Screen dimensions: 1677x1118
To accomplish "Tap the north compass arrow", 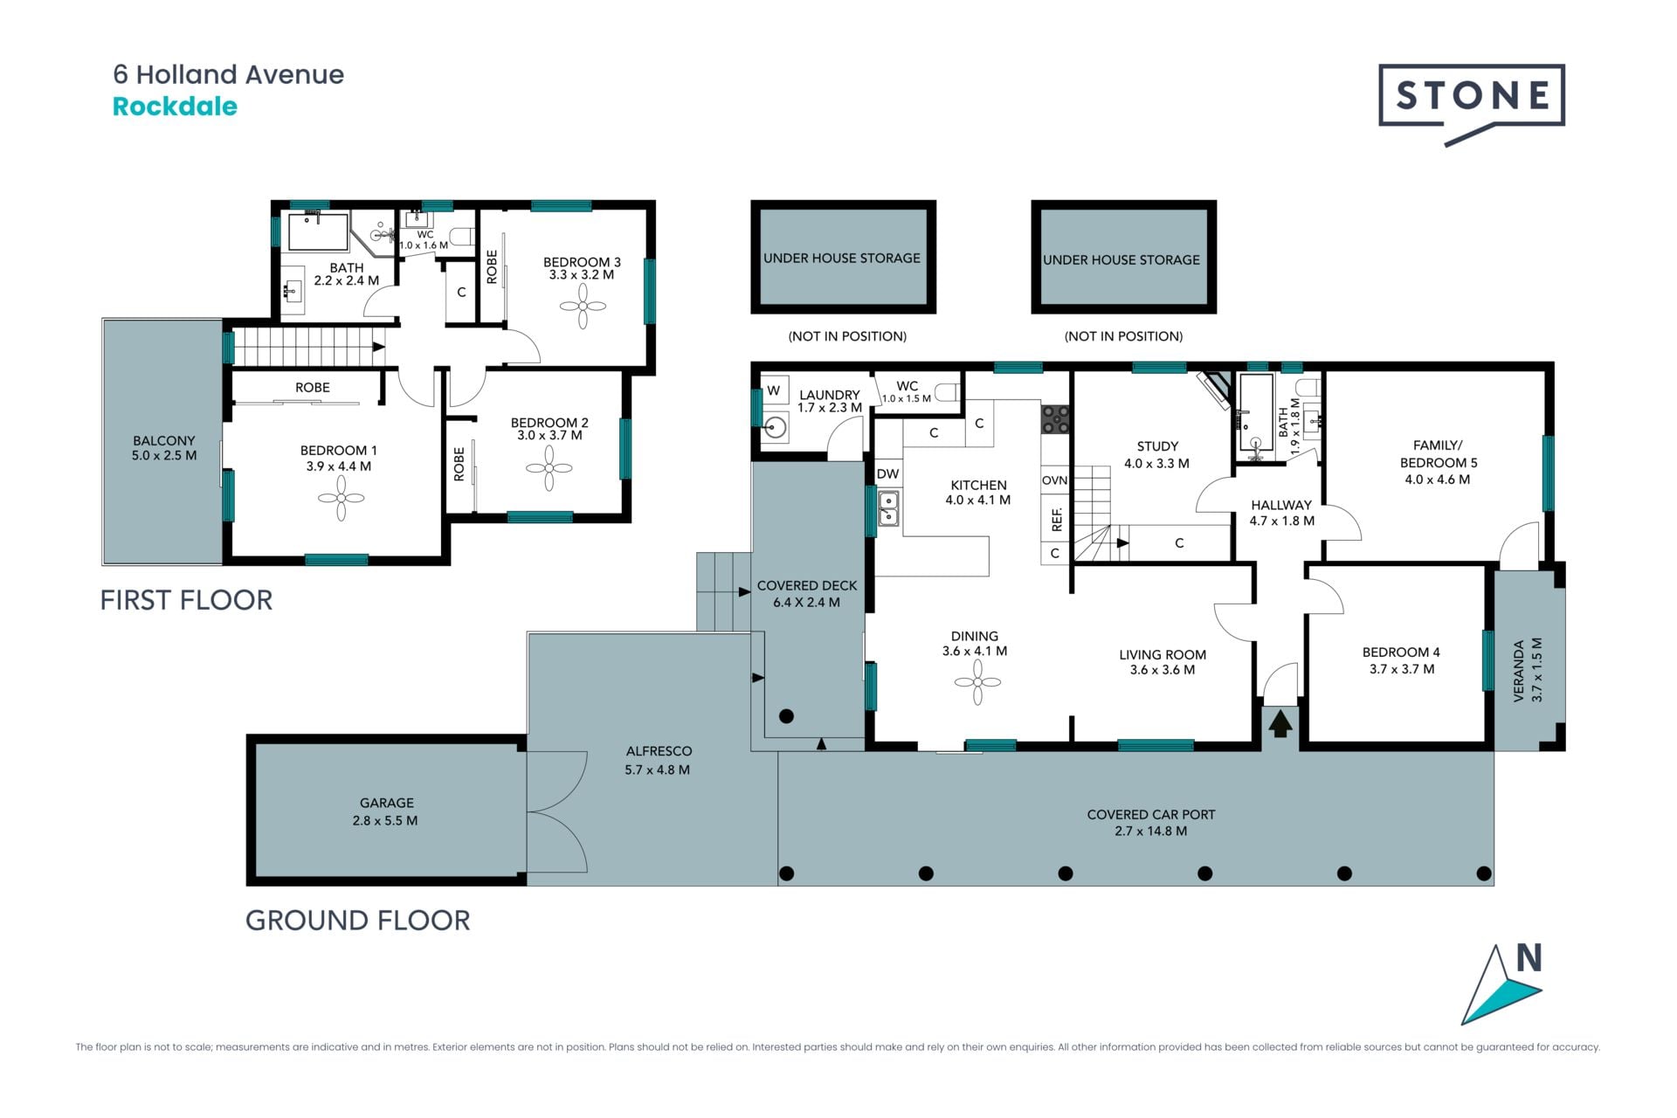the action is [1501, 985].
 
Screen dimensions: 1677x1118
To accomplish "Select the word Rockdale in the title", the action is [175, 107].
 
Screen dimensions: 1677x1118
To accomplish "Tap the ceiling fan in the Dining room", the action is [977, 682].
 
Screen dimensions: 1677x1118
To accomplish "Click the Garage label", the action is [387, 803].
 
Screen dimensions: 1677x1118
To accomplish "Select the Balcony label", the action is [164, 441].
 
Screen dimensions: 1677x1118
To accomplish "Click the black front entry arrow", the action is [1280, 724].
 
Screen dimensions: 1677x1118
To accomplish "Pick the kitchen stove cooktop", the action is [1055, 420].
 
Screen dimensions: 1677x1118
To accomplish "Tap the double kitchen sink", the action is [888, 508].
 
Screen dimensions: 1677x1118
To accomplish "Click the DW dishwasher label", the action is [887, 474].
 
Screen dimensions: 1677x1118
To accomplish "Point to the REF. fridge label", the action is [1057, 520].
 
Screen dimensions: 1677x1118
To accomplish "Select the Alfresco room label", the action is [659, 751].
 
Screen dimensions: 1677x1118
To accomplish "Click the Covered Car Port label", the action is [1151, 814].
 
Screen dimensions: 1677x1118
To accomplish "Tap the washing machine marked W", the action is [774, 390].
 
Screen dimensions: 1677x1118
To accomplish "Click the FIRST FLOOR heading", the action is [186, 600].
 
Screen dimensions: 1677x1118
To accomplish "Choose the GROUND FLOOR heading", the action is [358, 921].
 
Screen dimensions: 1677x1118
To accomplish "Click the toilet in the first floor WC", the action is [462, 236].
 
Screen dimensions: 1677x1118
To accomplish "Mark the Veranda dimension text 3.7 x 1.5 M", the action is [1537, 670].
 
